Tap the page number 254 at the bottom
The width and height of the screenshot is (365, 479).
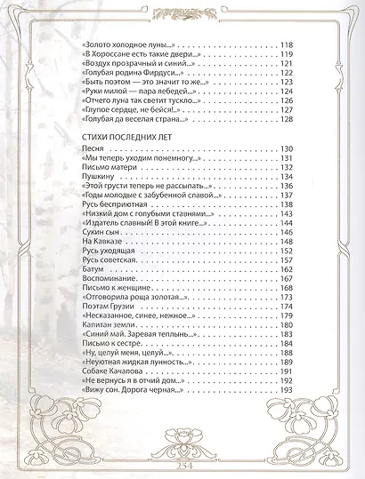point(183,464)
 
